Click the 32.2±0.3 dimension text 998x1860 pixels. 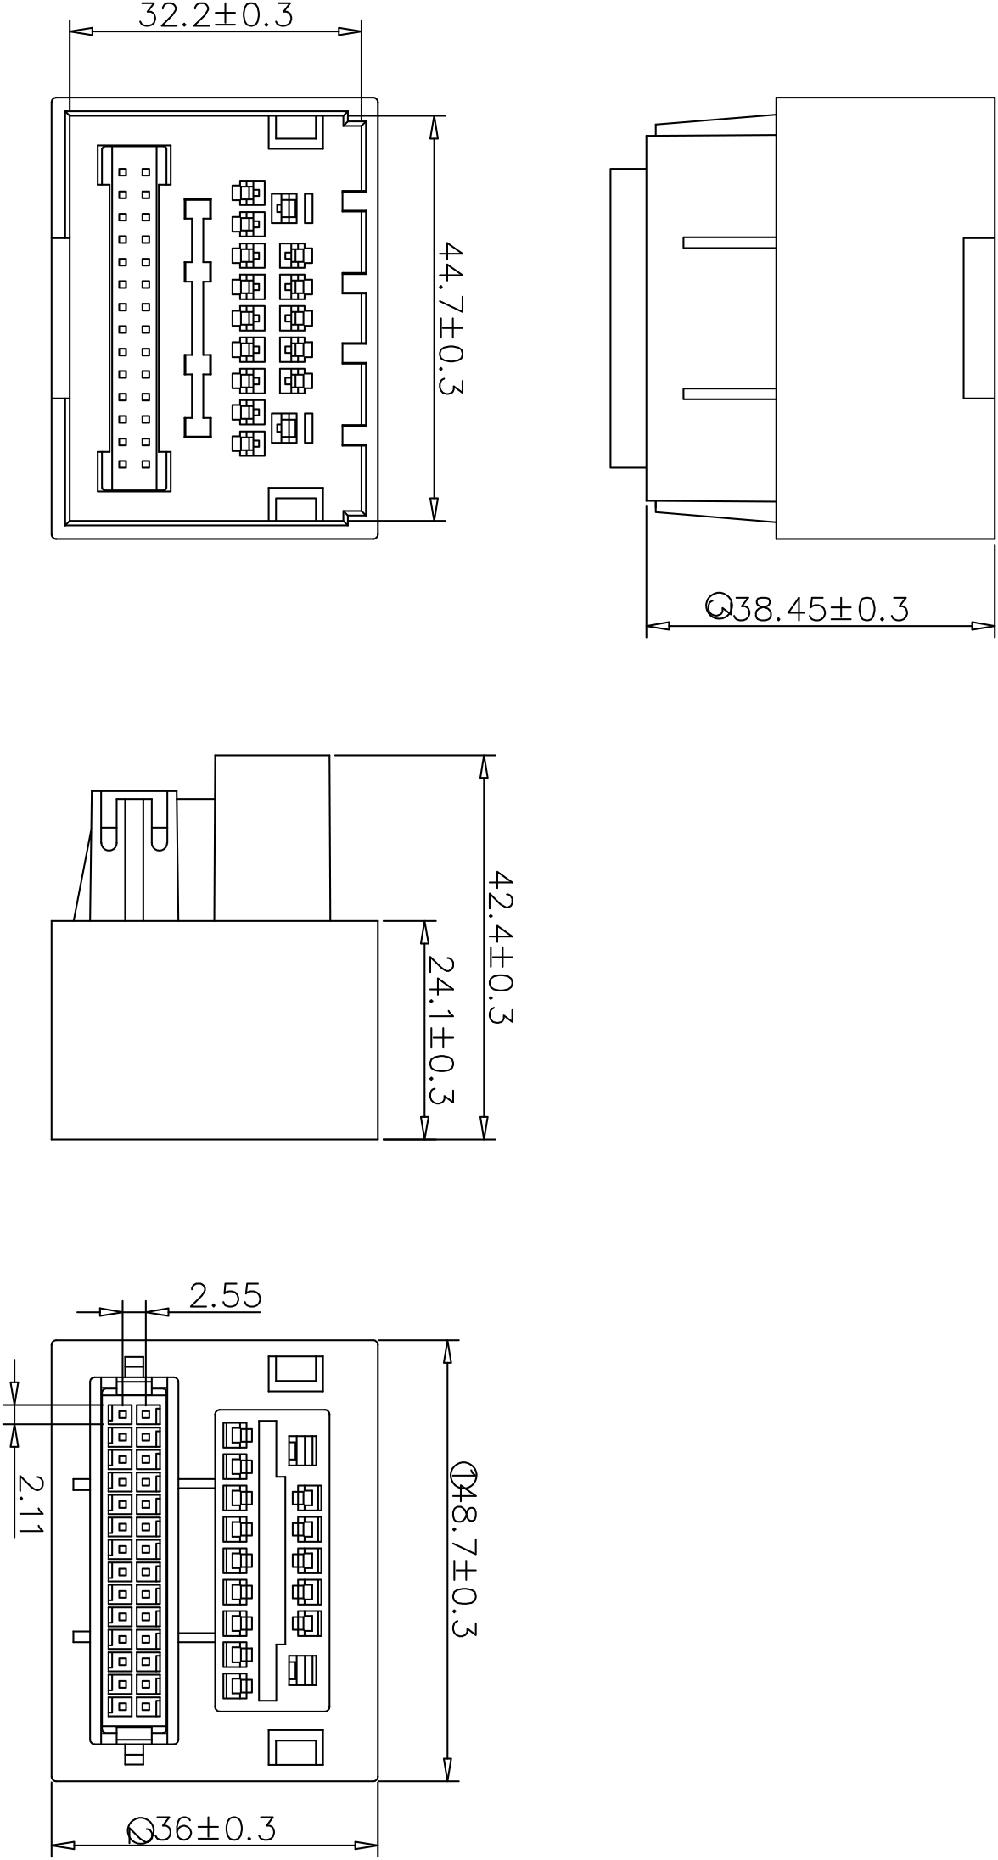click(216, 14)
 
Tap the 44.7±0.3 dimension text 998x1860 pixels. click(451, 319)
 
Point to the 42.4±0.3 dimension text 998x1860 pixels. click(501, 947)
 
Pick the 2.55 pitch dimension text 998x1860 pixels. click(226, 1295)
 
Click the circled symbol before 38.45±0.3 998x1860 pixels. click(719, 606)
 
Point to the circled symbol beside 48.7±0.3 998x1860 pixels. click(464, 1475)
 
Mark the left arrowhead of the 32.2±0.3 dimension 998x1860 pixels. click(81, 32)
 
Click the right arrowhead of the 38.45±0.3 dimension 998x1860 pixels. click(983, 627)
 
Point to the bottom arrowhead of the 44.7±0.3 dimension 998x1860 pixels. click(434, 508)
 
